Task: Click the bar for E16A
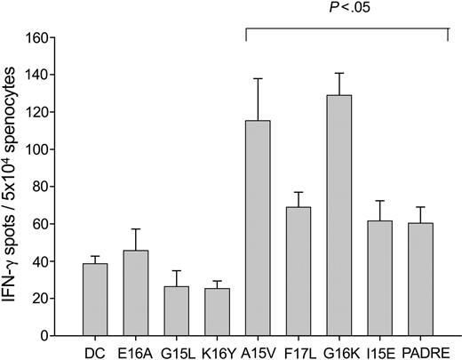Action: tap(147, 293)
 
